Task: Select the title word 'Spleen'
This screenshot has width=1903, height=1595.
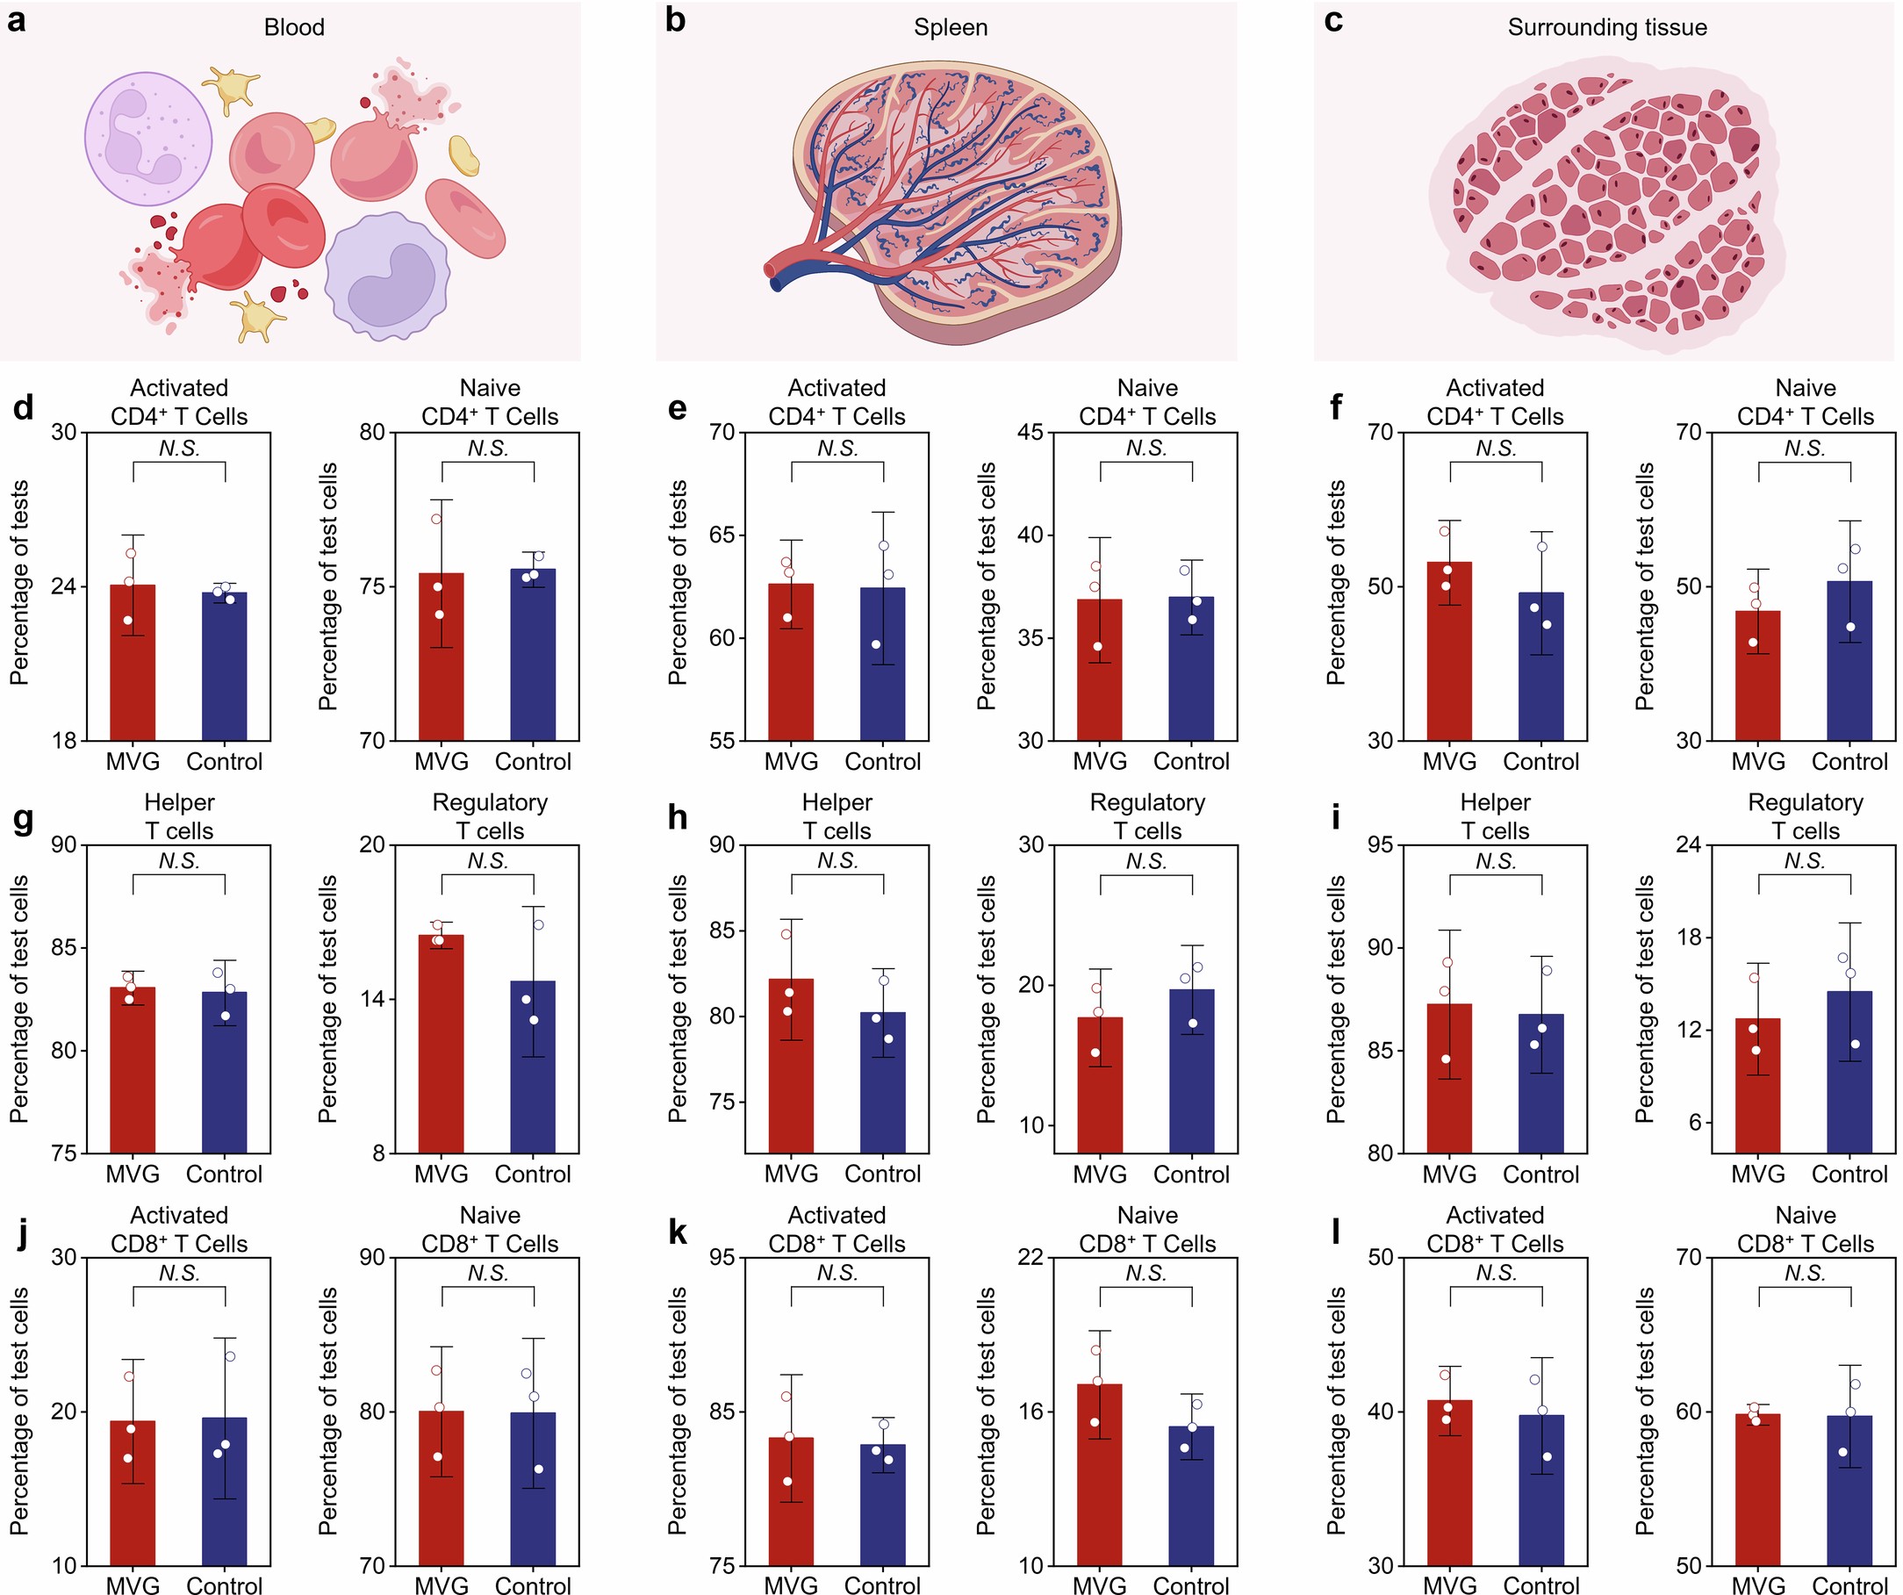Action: point(950,28)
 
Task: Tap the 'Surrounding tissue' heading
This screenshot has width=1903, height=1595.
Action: point(1606,28)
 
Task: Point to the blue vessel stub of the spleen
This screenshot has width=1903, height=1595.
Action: point(778,284)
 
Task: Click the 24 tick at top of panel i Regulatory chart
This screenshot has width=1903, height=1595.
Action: point(1688,844)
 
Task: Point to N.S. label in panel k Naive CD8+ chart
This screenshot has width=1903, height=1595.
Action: point(1146,1274)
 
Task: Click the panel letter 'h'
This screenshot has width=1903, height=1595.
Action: point(676,818)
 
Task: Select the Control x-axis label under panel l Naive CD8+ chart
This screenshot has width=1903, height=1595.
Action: point(1849,1585)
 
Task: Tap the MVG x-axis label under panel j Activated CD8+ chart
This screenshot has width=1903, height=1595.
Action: point(133,1585)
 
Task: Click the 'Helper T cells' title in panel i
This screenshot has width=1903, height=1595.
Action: point(1494,816)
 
